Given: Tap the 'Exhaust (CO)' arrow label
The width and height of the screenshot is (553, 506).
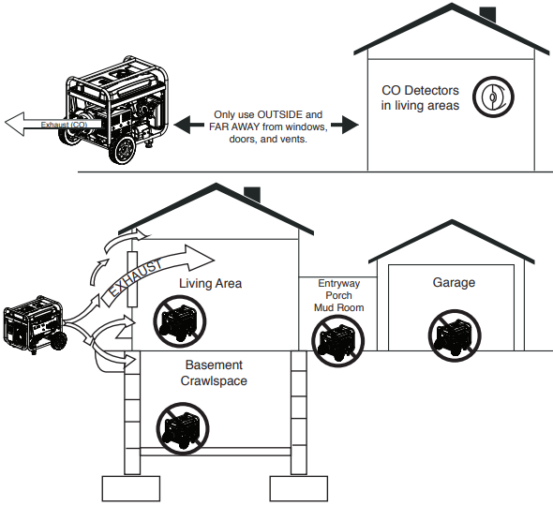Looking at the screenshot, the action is (x=64, y=125).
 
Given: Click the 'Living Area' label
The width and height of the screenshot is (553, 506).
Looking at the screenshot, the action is (x=211, y=284).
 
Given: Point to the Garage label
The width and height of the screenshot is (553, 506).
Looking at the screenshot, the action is (x=454, y=282).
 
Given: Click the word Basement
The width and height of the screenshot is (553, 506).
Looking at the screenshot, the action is (x=214, y=365).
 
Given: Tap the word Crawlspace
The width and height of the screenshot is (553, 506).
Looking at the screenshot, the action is (x=214, y=380).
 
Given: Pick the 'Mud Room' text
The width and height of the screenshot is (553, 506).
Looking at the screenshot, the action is (x=339, y=307).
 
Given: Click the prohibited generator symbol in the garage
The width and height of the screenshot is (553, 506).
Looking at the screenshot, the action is (x=455, y=335).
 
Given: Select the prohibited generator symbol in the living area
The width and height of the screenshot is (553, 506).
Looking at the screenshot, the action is (x=180, y=321).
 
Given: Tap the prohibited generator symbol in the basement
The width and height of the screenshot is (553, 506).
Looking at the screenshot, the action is (x=183, y=428).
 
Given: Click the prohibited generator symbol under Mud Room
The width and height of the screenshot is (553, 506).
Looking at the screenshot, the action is (x=337, y=341).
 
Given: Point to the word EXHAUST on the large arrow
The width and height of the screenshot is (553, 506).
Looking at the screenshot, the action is (x=136, y=277).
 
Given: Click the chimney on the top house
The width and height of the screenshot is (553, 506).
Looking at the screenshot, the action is (x=487, y=15).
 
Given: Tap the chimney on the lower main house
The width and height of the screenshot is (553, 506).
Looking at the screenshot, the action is (x=252, y=195).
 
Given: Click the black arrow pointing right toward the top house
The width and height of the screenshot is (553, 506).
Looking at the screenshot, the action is (x=345, y=125).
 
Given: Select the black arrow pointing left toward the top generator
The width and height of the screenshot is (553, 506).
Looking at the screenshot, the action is (x=188, y=125).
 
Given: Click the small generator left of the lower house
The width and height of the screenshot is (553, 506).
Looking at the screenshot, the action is (x=35, y=325).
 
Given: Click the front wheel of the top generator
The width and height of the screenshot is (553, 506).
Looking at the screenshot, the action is (x=123, y=151).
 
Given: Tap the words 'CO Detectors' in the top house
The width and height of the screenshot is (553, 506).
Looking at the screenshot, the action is (x=420, y=90).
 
